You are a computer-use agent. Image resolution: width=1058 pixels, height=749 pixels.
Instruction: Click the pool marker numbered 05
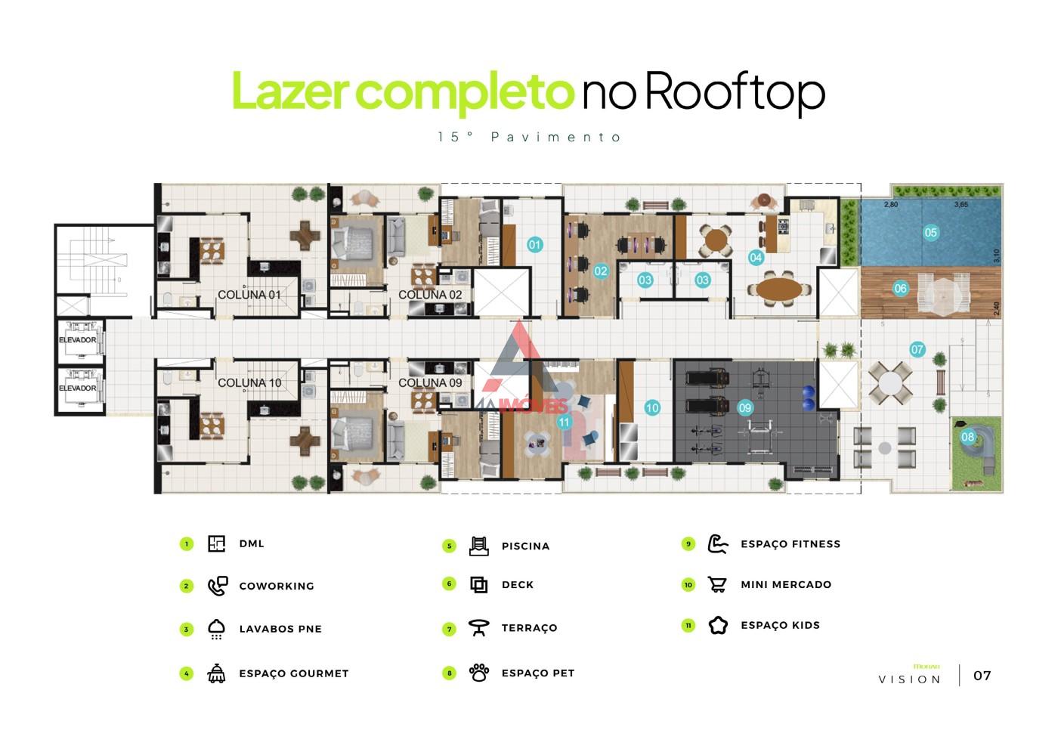[930, 233]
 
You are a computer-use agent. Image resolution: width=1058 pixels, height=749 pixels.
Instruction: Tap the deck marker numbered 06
[900, 288]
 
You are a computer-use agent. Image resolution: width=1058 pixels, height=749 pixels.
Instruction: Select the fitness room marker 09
[745, 408]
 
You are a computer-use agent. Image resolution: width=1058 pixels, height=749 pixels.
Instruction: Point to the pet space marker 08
[968, 437]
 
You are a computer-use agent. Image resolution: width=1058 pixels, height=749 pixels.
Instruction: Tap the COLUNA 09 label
[430, 383]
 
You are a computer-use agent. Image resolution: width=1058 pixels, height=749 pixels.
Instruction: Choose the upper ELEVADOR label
[77, 340]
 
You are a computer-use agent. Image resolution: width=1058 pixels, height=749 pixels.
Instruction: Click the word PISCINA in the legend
[525, 546]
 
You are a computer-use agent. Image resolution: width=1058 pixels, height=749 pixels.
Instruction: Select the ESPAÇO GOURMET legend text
[293, 673]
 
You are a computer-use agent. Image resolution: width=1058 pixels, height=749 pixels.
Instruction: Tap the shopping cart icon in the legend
[717, 584]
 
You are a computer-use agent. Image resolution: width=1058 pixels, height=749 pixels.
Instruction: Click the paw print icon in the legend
[479, 673]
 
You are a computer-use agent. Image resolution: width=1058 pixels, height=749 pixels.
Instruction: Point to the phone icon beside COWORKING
[217, 586]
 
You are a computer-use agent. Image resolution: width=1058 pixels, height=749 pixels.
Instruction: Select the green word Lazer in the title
[289, 92]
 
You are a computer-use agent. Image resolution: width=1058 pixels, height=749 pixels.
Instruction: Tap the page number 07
[982, 676]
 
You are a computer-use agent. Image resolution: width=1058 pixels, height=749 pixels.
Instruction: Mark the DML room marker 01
[534, 244]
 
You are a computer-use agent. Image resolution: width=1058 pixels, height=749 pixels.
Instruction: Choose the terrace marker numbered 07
[917, 349]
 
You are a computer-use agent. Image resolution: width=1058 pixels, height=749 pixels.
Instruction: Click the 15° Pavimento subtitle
[529, 138]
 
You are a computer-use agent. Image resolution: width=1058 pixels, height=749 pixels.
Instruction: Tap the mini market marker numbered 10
[652, 408]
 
